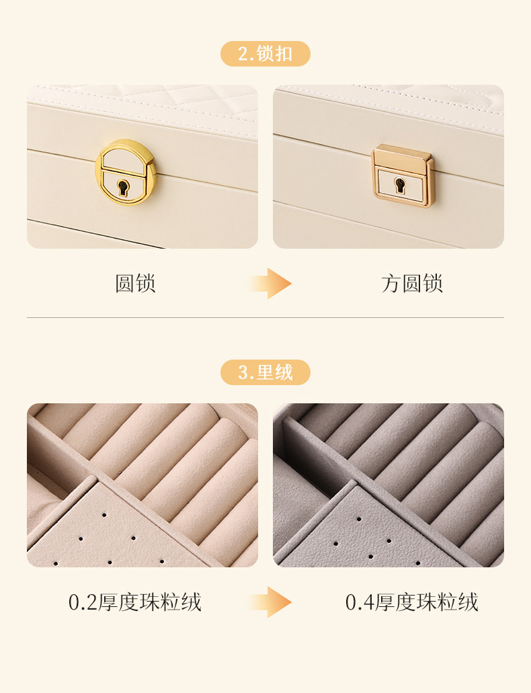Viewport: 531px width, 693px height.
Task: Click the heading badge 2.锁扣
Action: [x=265, y=54]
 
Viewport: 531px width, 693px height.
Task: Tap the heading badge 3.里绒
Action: [x=265, y=372]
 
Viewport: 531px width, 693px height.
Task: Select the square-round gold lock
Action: [x=402, y=175]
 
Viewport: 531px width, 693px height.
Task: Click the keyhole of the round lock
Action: [x=123, y=187]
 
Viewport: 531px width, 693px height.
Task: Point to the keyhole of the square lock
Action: [x=401, y=184]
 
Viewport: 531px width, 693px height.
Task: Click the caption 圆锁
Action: [x=135, y=284]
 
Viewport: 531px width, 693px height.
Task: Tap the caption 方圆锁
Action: [x=412, y=284]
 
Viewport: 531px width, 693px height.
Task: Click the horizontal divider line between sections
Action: [x=265, y=317]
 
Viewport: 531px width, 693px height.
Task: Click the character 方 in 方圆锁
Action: [x=391, y=284]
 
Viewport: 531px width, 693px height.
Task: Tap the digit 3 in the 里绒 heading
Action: [x=243, y=372]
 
